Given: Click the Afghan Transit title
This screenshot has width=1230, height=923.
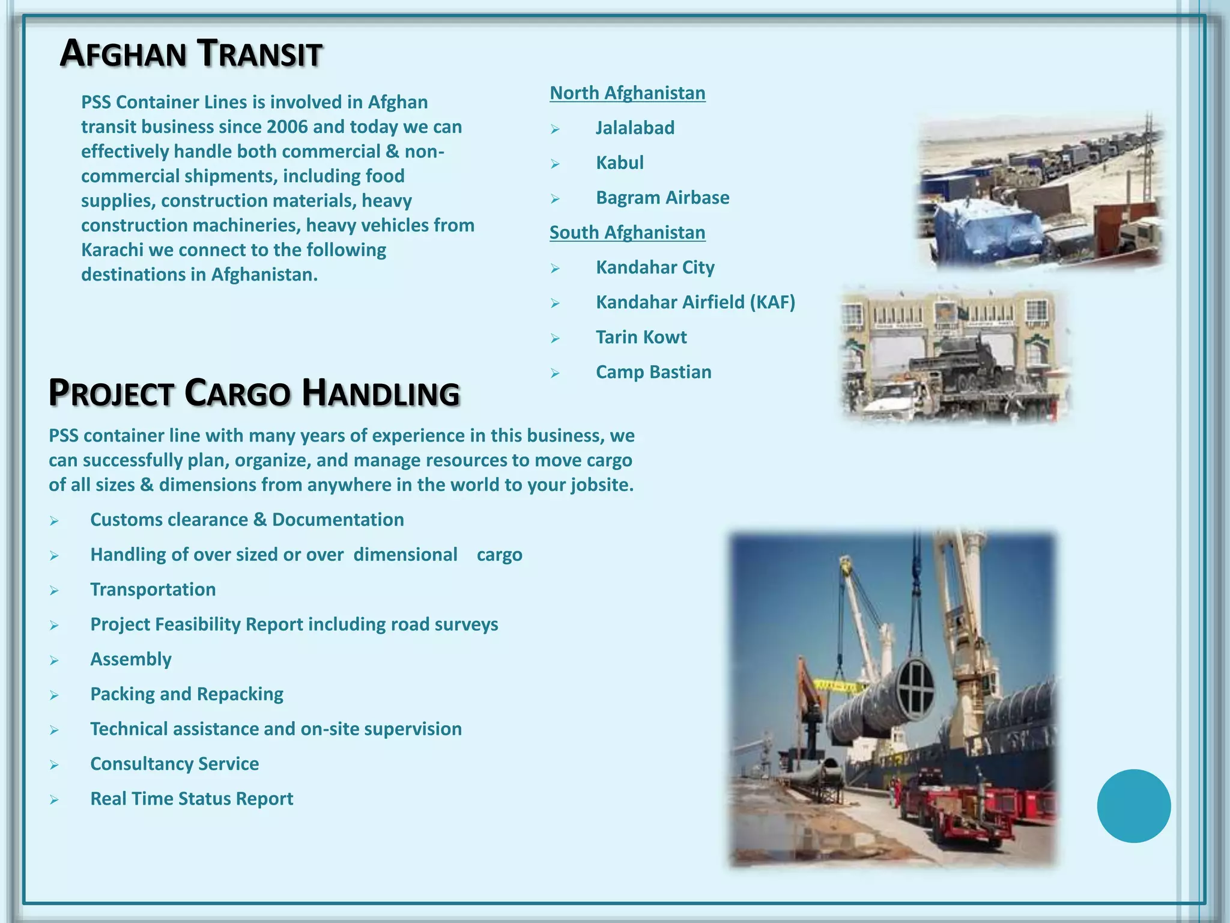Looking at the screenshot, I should (191, 53).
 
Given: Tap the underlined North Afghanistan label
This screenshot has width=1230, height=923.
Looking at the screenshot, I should (627, 93).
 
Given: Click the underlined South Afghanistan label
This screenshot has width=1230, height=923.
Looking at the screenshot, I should (627, 233).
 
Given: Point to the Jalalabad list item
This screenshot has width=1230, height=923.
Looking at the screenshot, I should (635, 128).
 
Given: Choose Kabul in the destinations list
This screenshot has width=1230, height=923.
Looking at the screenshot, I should (619, 163).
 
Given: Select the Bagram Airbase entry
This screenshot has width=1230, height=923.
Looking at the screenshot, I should (662, 198).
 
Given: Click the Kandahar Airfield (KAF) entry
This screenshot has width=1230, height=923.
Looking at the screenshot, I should (695, 302).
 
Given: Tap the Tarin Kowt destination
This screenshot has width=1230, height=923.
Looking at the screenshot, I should (641, 337).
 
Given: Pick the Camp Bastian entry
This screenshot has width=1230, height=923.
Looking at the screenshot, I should (653, 372).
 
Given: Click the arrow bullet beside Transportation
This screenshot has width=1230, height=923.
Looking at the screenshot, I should (54, 591).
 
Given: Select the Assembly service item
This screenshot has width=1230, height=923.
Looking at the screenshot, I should (130, 659).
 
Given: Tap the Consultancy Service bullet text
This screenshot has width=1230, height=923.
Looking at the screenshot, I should (174, 764).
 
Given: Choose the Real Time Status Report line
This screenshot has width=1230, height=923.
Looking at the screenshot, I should (191, 799).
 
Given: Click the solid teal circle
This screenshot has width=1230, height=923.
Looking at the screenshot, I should (1133, 806).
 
